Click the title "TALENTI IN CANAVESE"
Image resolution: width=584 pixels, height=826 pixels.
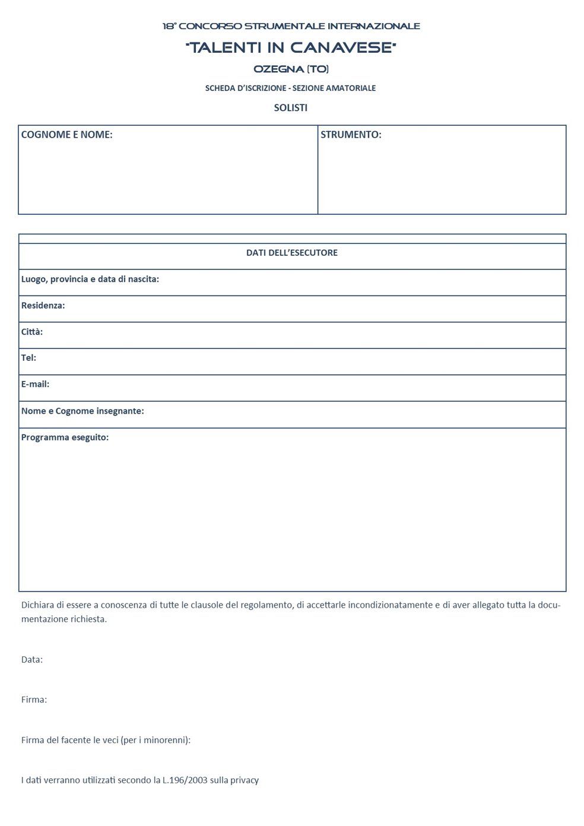pyautogui.click(x=291, y=47)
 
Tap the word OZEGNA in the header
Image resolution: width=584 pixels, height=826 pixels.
pyautogui.click(x=278, y=69)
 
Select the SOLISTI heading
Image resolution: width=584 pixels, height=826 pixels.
pyautogui.click(x=290, y=108)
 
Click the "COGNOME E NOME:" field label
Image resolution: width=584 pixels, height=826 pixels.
pyautogui.click(x=66, y=135)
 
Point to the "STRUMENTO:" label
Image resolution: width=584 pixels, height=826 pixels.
pyautogui.click(x=351, y=135)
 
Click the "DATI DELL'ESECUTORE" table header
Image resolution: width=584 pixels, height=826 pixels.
pyautogui.click(x=291, y=253)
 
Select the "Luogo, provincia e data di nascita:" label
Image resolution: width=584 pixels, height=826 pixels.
pyautogui.click(x=90, y=279)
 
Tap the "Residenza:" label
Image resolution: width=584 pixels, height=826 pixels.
pyautogui.click(x=43, y=306)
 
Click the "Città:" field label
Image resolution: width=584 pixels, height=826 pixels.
pyautogui.click(x=32, y=332)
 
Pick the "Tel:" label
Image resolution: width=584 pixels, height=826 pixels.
pyautogui.click(x=28, y=358)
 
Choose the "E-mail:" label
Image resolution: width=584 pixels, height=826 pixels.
pyautogui.click(x=35, y=384)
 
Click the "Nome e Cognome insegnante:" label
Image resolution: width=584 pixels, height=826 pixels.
pyautogui.click(x=82, y=411)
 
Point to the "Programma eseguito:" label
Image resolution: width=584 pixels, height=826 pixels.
pyautogui.click(x=65, y=437)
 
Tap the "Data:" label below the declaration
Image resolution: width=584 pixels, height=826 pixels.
pyautogui.click(x=32, y=659)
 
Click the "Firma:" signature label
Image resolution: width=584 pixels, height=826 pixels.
pyautogui.click(x=34, y=700)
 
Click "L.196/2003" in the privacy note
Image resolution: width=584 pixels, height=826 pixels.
pyautogui.click(x=185, y=780)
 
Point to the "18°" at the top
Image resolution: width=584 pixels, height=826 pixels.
pyautogui.click(x=169, y=26)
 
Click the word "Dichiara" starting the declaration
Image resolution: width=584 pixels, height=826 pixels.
pyautogui.click(x=37, y=605)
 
